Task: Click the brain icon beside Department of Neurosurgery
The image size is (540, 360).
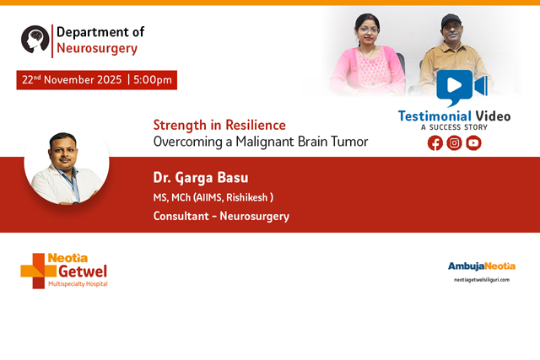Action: coord(35,40)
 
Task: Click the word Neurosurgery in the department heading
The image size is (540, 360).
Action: coord(96,49)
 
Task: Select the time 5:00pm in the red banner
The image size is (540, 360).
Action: coord(152,80)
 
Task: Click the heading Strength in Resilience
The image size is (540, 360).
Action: coord(219,125)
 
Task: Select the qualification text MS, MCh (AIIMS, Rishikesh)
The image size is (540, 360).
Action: coord(213,198)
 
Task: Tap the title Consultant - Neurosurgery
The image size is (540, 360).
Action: coord(221,217)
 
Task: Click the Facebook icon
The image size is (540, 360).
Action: coord(435,142)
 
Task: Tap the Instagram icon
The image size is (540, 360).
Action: coord(455,142)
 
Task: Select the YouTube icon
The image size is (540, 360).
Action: coord(474,142)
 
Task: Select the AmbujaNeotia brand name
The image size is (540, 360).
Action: coord(481,266)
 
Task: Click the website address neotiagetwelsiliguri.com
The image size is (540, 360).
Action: coord(481,280)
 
